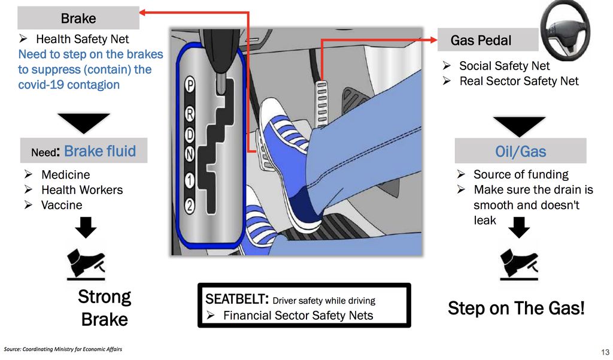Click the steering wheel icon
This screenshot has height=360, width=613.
click(565, 31)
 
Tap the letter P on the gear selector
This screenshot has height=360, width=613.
click(190, 85)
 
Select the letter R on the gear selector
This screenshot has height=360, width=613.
click(190, 114)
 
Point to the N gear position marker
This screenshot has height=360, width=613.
click(190, 154)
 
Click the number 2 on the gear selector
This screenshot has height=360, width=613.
click(190, 205)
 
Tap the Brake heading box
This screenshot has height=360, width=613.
click(78, 18)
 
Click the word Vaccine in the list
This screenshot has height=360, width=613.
click(62, 205)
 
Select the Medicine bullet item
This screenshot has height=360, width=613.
click(66, 174)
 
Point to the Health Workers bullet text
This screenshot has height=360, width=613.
click(82, 190)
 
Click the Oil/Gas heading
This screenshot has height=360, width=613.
click(520, 151)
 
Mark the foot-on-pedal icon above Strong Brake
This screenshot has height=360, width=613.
click(86, 265)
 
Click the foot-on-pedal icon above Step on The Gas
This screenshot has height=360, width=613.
click(519, 265)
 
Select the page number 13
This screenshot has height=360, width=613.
click(605, 352)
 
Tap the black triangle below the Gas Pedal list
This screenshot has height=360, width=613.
click(519, 125)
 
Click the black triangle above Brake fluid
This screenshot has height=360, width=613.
click(84, 122)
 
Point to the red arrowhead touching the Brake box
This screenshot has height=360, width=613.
click(142, 13)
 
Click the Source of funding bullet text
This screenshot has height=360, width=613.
click(521, 174)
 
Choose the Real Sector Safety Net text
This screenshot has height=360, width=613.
click(519, 81)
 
